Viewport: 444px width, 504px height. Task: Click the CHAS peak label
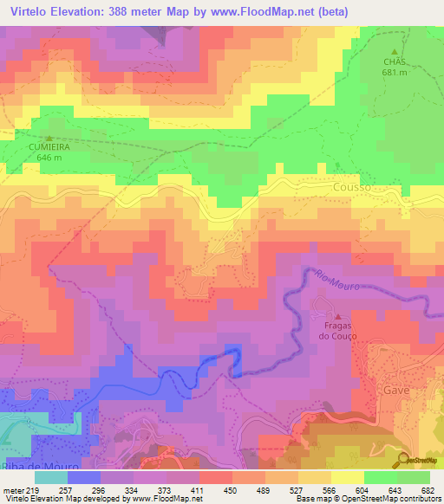tap(395, 61)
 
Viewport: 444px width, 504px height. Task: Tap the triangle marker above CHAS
tap(395, 51)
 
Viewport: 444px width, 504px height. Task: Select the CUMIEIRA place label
tap(49, 148)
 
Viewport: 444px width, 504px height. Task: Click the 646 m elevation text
tap(49, 158)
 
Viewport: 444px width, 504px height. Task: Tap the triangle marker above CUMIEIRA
tap(49, 138)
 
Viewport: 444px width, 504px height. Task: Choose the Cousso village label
tap(351, 187)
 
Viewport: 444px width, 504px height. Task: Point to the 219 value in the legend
tap(34, 489)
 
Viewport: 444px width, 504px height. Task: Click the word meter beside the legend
tap(12, 489)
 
